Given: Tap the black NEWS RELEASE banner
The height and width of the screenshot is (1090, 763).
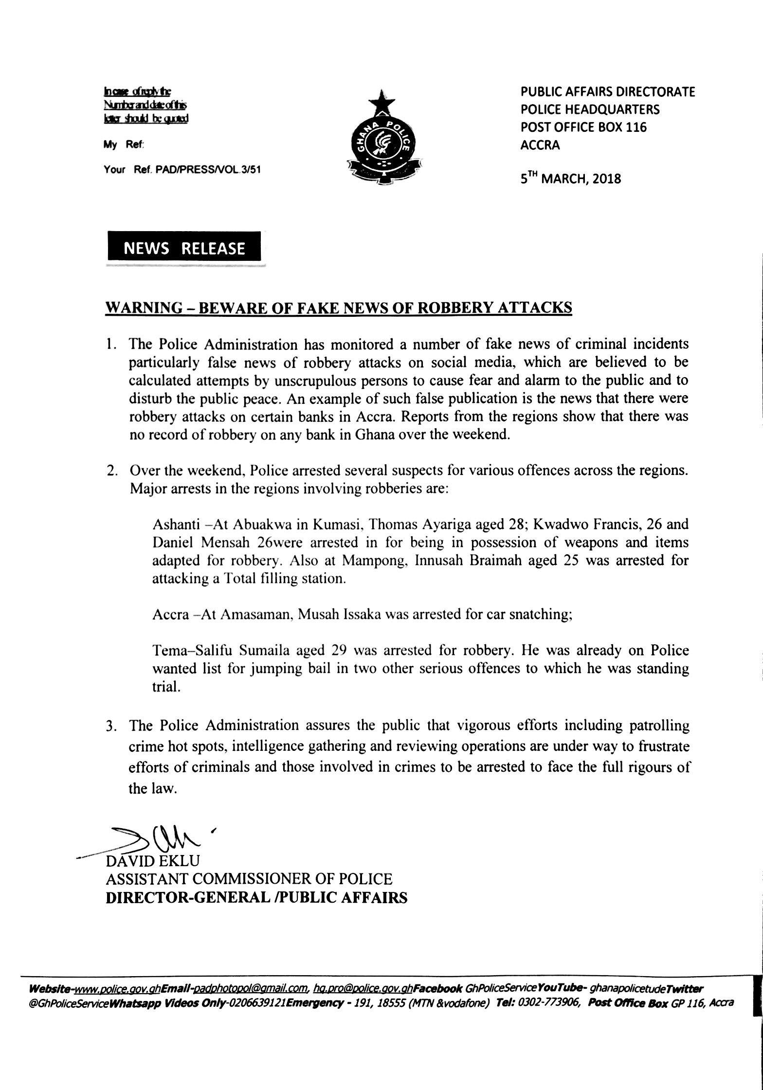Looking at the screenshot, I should coord(184,249).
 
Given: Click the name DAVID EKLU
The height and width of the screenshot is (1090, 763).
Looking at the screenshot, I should coord(153,861).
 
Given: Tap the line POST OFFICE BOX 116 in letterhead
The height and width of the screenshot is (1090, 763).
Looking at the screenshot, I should coord(584,127).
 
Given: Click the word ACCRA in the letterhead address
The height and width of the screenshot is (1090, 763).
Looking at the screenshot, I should coord(540,145).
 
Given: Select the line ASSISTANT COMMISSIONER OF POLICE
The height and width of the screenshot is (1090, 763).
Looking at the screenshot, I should coord(249,879).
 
